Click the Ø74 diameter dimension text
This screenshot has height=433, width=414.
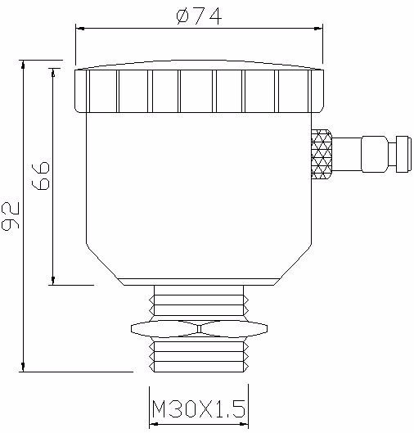pyautogui.click(x=199, y=16)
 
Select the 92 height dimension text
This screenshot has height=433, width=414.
pyautogui.click(x=11, y=216)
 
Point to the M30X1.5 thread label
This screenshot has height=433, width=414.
pyautogui.click(x=199, y=408)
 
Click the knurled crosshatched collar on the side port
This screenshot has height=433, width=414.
pyautogui.click(x=322, y=154)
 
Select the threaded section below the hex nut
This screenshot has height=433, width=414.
pyautogui.click(x=199, y=354)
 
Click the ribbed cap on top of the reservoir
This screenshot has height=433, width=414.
pyautogui.click(x=199, y=89)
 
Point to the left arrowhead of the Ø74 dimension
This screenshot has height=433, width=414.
pyautogui.click(x=80, y=28)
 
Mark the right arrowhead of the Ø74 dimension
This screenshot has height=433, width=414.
pyautogui.click(x=319, y=28)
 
